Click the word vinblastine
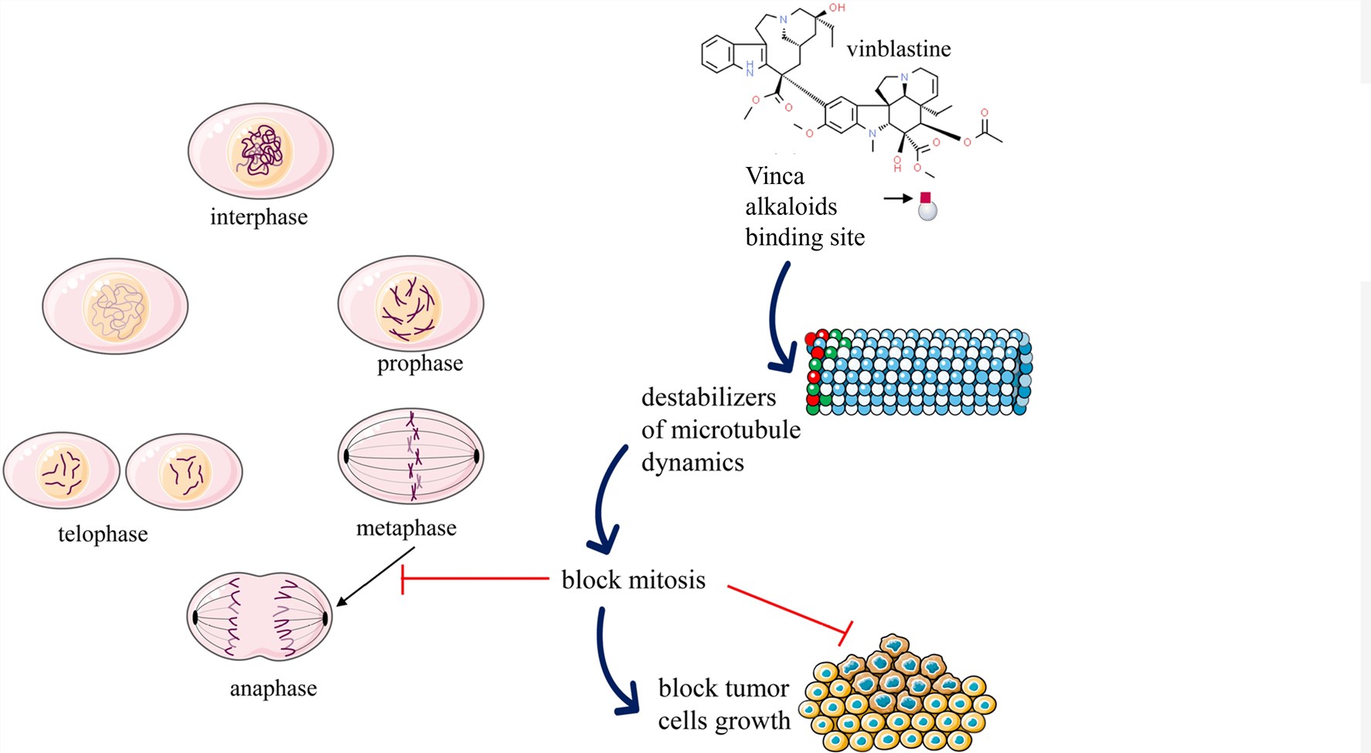pyautogui.click(x=898, y=49)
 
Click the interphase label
pyautogui.click(x=259, y=217)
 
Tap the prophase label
pyautogui.click(x=420, y=363)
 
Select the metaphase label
pyautogui.click(x=406, y=528)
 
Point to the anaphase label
pyautogui.click(x=273, y=689)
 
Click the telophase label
pyautogui.click(x=103, y=534)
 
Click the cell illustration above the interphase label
pyautogui.click(x=260, y=152)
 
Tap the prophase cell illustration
pyautogui.click(x=410, y=305)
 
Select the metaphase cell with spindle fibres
pyautogui.click(x=411, y=456)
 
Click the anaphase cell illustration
pyautogui.click(x=260, y=617)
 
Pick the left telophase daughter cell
pyautogui.click(x=62, y=471)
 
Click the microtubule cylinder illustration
pyautogui.click(x=919, y=372)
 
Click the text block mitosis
pyautogui.click(x=633, y=580)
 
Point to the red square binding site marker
pyautogui.click(x=925, y=198)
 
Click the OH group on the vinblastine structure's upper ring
pyautogui.click(x=837, y=8)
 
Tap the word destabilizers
pyautogui.click(x=708, y=397)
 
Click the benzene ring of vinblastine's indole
pyautogui.click(x=720, y=56)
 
